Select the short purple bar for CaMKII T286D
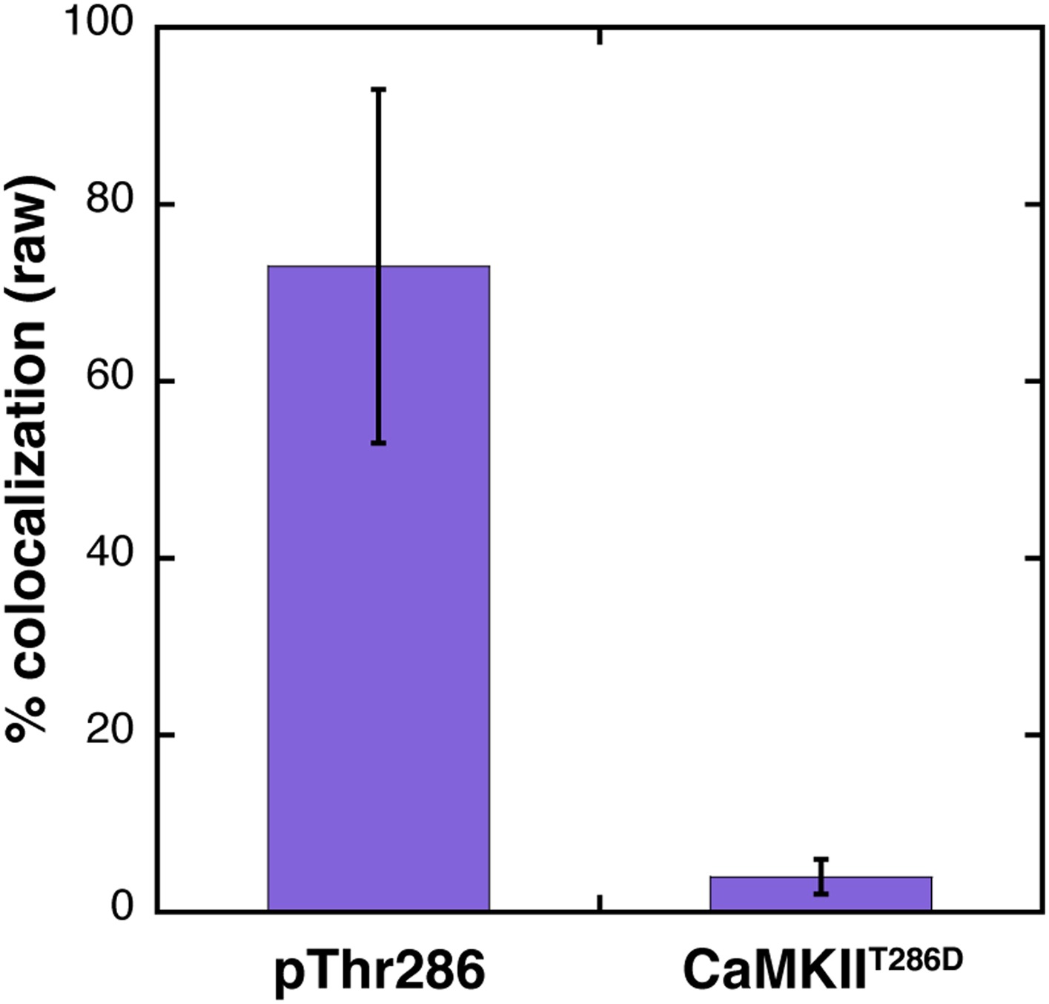click(821, 894)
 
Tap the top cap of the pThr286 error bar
click(378, 89)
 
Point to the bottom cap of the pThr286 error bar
click(378, 443)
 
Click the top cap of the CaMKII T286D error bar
click(821, 859)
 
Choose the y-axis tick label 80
click(109, 201)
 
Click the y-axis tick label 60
click(109, 378)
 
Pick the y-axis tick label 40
click(109, 555)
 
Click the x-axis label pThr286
click(380, 971)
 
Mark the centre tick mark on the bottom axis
click(599, 902)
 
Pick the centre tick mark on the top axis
click(599, 36)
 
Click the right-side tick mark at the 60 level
click(1031, 381)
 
